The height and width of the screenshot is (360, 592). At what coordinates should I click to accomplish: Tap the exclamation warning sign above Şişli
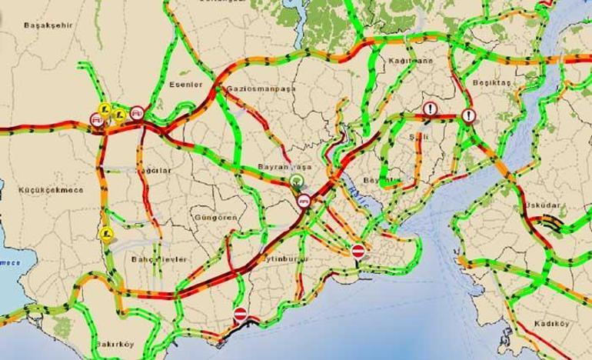[431, 109]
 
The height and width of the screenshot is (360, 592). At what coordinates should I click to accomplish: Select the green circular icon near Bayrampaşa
[298, 182]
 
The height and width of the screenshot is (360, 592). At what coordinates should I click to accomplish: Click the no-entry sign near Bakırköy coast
[240, 314]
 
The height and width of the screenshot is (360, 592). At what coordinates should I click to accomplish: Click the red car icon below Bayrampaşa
[304, 201]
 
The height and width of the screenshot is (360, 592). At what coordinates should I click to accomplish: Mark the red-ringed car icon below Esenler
[138, 112]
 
